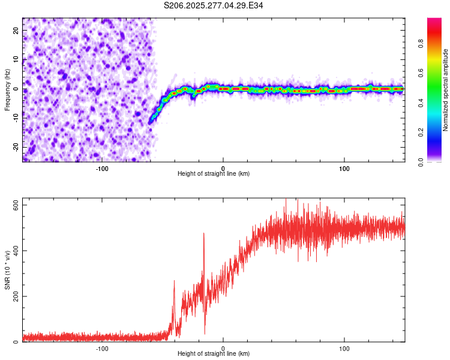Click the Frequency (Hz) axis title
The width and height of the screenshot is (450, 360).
pos(7,89)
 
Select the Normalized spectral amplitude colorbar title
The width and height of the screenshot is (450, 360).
pos(446,90)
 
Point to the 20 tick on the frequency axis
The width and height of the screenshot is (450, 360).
pos(16,30)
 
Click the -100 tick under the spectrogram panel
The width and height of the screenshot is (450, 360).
pos(102,168)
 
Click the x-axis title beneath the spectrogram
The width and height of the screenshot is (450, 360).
pos(214,174)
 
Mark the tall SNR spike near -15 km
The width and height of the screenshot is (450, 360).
pos(204,234)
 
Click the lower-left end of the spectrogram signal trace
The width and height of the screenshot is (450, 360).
pos(150,122)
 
